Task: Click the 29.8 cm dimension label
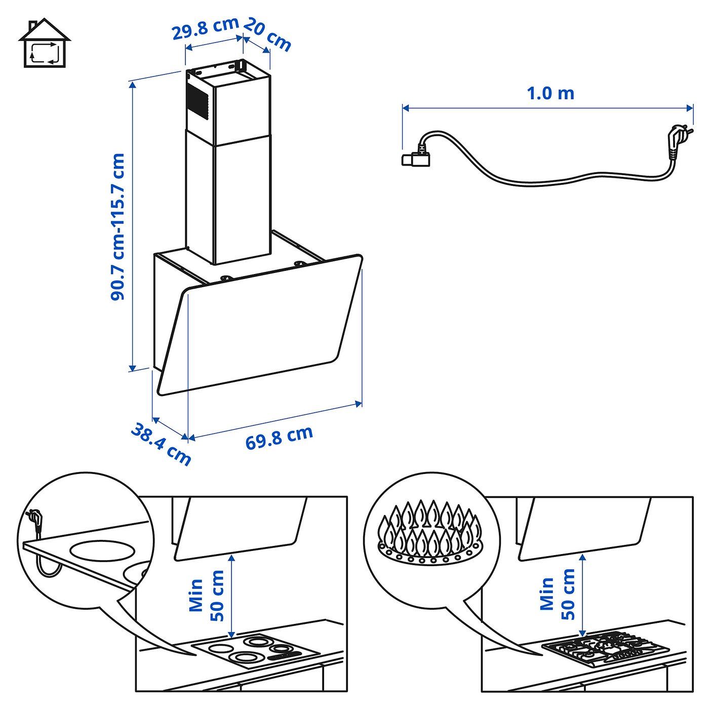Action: pos(205,28)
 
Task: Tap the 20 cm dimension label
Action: pos(267,34)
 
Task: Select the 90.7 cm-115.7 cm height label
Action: pos(117,227)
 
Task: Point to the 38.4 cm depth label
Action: pos(161,444)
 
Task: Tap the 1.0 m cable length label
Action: pos(550,94)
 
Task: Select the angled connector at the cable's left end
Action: pos(416,156)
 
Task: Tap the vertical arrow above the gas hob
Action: pos(582,595)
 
